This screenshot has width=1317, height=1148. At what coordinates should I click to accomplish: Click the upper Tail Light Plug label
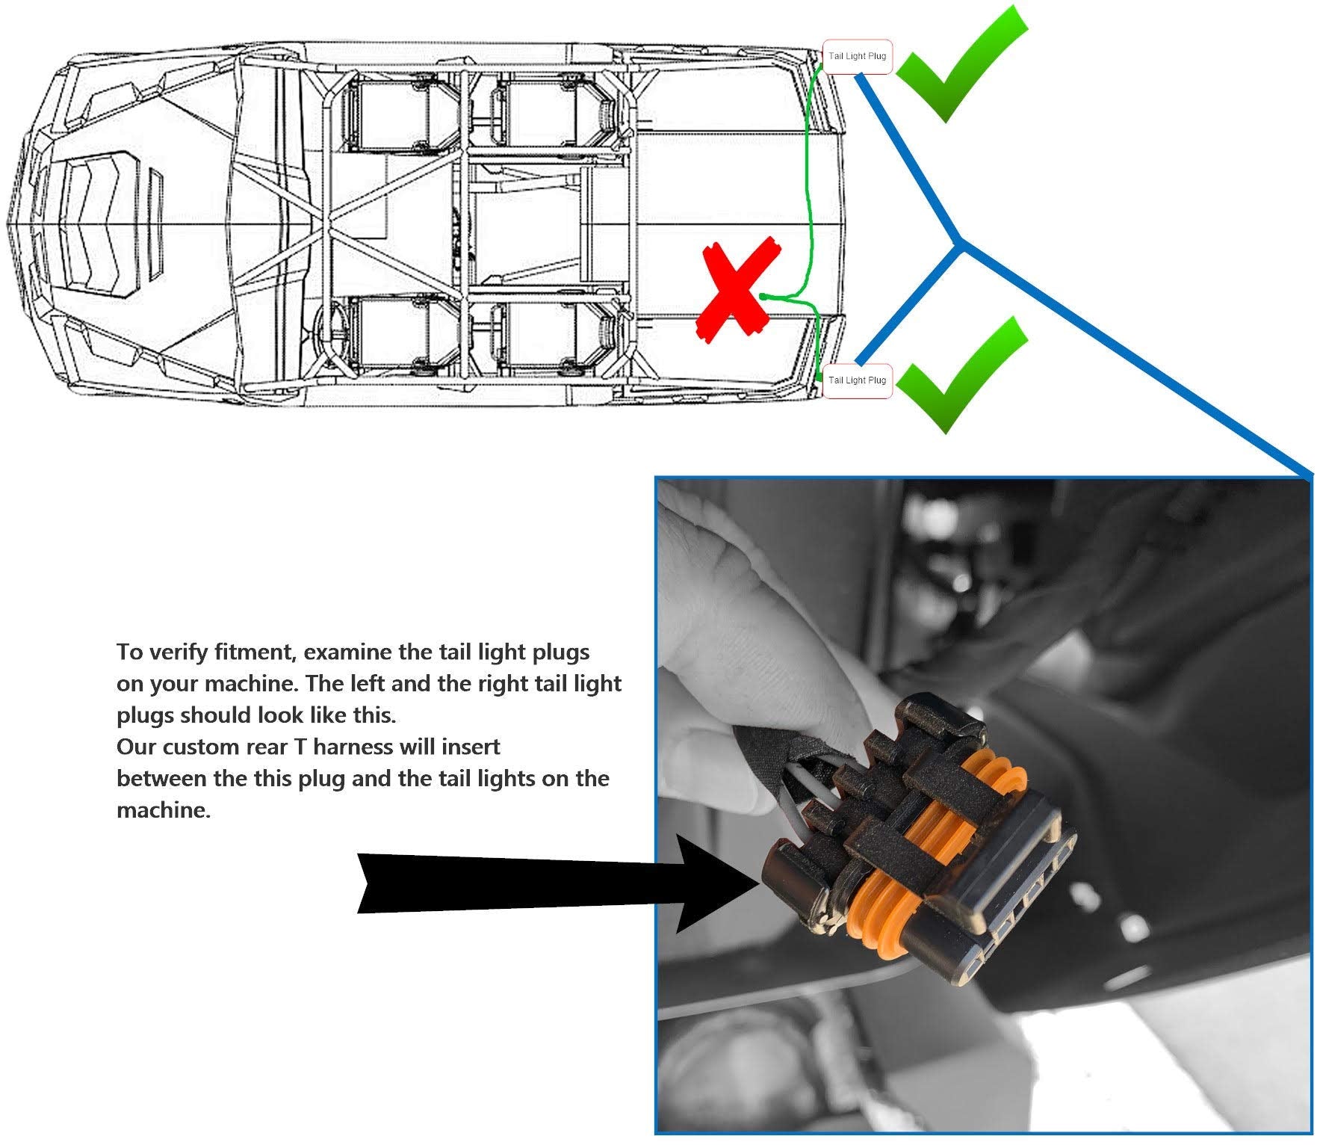857,57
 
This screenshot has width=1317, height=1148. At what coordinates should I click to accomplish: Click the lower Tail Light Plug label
857,380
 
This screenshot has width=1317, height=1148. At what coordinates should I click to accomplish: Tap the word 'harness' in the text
353,747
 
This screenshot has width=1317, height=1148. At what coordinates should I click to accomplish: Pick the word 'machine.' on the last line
164,810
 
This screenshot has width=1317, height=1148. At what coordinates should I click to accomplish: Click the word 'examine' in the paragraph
349,652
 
